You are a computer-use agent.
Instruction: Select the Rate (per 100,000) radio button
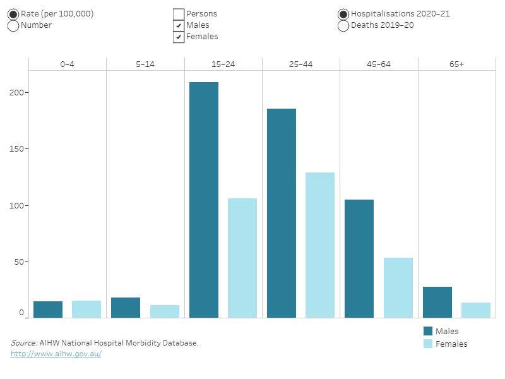(13, 14)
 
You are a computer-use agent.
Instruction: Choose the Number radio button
(13, 26)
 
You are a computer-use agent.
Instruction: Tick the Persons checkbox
(179, 14)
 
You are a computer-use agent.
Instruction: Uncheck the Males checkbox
(179, 25)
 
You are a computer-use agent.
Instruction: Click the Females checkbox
(179, 37)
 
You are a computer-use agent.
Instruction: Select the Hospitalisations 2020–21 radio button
(343, 14)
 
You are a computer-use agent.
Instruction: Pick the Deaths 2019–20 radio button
(343, 26)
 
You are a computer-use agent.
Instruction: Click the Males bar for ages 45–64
(359, 258)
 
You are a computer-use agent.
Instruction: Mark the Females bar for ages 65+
(475, 310)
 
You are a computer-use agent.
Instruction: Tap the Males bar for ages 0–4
(48, 310)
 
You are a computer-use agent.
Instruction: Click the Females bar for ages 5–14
(165, 311)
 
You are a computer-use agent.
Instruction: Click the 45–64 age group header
(378, 64)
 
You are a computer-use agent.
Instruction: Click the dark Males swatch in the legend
(428, 331)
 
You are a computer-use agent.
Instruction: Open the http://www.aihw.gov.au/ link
(56, 354)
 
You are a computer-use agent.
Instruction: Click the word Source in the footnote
(23, 343)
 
